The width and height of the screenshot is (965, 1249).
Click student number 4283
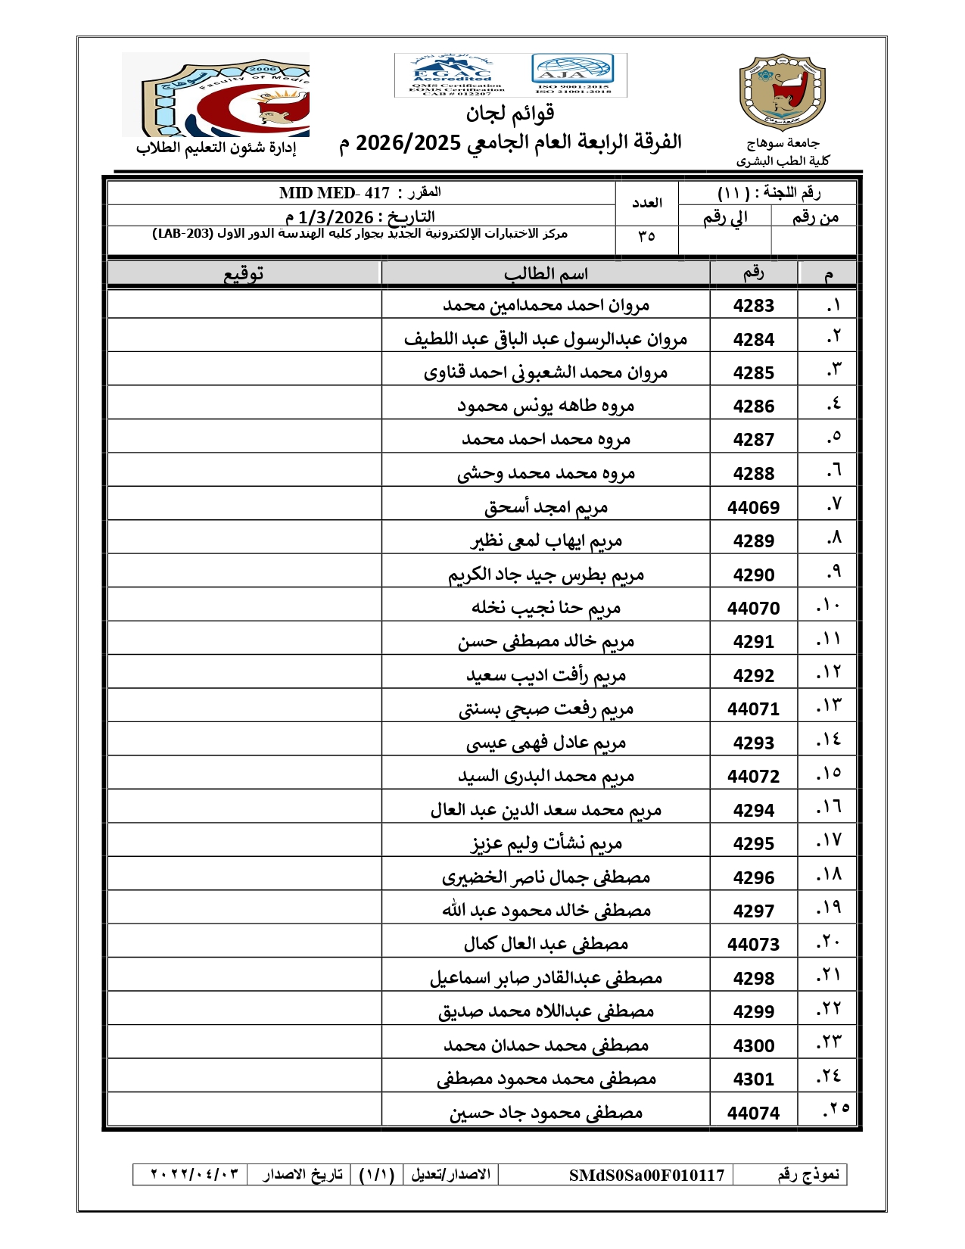[x=753, y=306]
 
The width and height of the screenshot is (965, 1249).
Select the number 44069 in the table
[x=753, y=508]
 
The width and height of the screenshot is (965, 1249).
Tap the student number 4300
[x=753, y=1046]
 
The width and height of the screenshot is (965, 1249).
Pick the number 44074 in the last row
[x=753, y=1114]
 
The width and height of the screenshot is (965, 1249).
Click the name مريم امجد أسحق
[x=546, y=507]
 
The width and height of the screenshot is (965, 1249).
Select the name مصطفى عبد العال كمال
[x=546, y=944]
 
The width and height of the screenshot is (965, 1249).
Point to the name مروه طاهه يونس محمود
[x=546, y=406]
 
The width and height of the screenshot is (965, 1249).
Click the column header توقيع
[x=243, y=274]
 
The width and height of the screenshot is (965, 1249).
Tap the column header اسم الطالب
[x=546, y=274]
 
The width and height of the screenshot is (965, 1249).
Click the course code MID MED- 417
[x=335, y=194]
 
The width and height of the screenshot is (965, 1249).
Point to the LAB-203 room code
[x=182, y=234]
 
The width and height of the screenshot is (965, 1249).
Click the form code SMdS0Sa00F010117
[x=646, y=1176]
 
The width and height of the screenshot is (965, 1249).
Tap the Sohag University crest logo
[x=782, y=92]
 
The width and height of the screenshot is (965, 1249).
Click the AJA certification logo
[x=572, y=70]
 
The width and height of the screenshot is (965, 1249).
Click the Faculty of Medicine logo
[x=216, y=95]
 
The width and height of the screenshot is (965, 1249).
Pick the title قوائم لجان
[x=510, y=114]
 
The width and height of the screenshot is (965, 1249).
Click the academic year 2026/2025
[x=408, y=142]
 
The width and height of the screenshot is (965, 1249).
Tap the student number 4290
[x=753, y=575]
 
